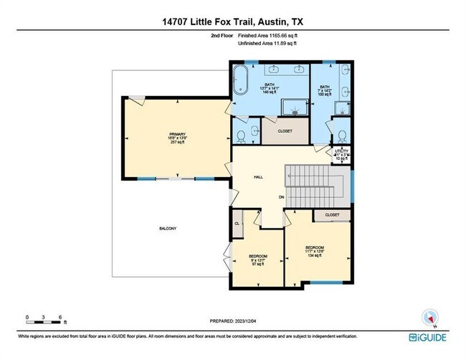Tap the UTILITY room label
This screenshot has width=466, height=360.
tap(341, 152)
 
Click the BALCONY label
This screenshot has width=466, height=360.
tap(168, 229)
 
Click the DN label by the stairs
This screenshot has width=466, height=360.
tap(282, 197)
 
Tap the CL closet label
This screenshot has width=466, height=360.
tap(237, 224)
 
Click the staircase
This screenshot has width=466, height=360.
tap(315, 184)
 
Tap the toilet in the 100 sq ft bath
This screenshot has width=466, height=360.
tap(342, 135)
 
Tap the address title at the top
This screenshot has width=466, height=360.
tap(232, 21)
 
